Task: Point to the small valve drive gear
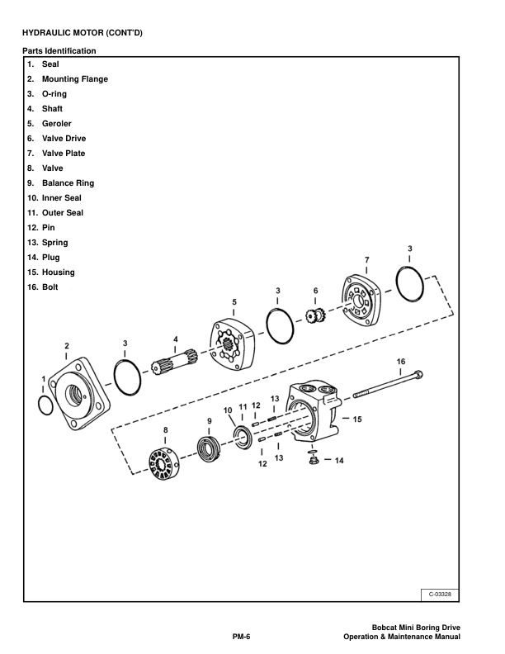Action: point(314,315)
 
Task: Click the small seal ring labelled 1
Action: point(46,405)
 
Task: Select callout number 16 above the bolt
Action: point(401,361)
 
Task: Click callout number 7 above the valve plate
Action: point(367,260)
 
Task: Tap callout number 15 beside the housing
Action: point(357,419)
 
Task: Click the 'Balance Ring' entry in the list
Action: point(62,183)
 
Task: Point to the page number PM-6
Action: point(241,636)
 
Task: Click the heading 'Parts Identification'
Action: point(59,51)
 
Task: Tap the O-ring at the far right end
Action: point(412,285)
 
